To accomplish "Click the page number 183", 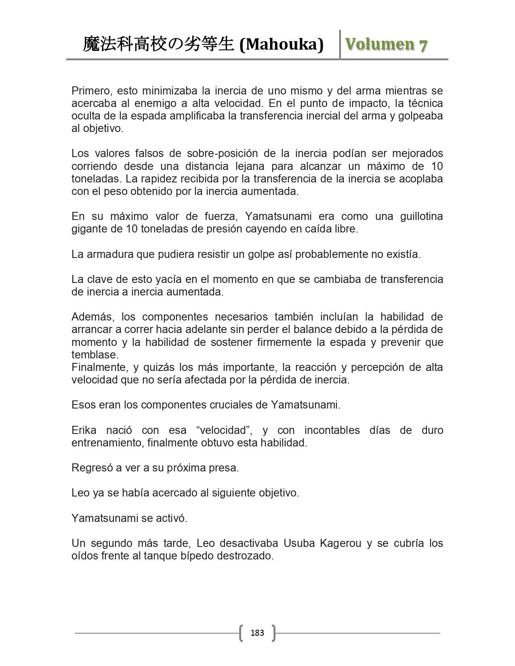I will pyautogui.click(x=257, y=632).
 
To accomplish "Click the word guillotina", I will pyautogui.click(x=421, y=216).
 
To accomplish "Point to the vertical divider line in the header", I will pyautogui.click(x=340, y=44).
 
